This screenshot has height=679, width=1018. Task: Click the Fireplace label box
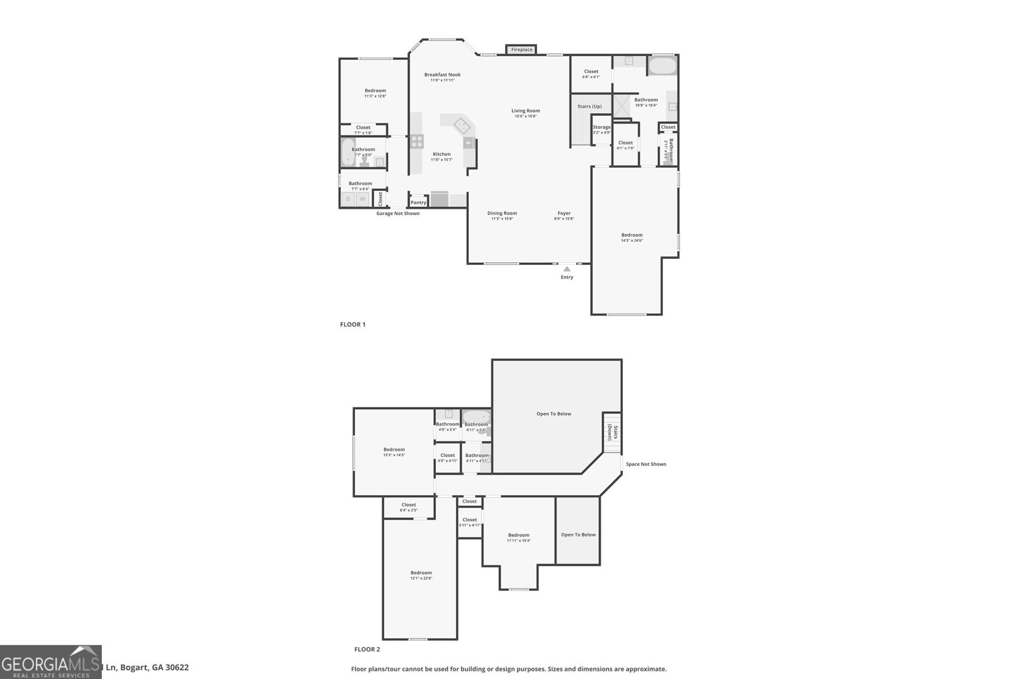(x=522, y=50)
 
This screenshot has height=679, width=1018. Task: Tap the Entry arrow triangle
(x=566, y=269)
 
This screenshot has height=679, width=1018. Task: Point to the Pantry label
(x=418, y=202)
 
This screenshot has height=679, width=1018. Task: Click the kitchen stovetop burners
(x=416, y=141)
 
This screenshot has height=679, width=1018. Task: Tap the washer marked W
(x=362, y=199)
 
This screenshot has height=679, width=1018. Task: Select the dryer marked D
(x=348, y=199)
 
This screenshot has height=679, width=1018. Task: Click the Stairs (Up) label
(x=589, y=106)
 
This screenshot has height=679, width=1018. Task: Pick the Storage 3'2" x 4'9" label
(x=601, y=129)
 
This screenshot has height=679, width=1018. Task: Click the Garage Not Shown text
(x=398, y=213)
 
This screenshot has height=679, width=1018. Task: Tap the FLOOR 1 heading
(x=352, y=325)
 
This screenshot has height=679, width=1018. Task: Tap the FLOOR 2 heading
(x=366, y=649)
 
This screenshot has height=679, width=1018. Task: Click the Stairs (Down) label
(x=612, y=433)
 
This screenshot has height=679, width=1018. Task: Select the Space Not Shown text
(x=645, y=464)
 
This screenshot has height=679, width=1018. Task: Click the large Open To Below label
(x=554, y=414)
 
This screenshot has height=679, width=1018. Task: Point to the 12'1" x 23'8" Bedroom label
(x=421, y=575)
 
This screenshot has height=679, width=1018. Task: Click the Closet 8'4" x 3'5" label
(x=408, y=507)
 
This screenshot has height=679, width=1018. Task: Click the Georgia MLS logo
(x=51, y=662)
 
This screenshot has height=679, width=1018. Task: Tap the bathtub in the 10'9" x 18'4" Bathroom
(x=662, y=66)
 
